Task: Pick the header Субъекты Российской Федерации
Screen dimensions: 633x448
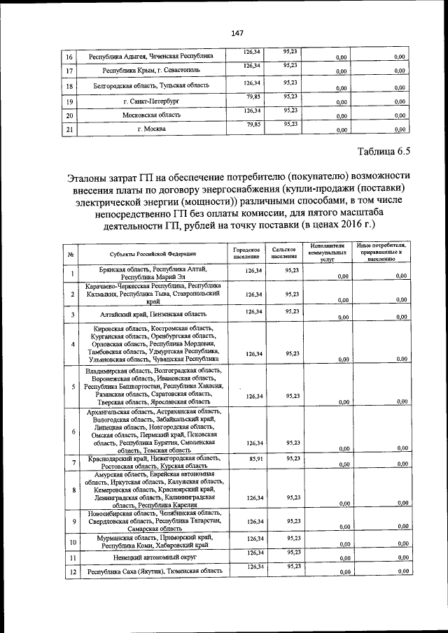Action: [152, 254]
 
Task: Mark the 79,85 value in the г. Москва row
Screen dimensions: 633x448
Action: [253, 125]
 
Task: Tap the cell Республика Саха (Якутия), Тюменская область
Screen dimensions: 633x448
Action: [154, 571]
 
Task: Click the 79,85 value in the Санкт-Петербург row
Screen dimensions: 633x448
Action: [253, 97]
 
